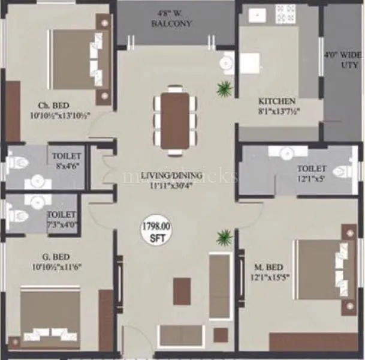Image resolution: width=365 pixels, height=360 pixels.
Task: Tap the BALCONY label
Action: (x=175, y=24)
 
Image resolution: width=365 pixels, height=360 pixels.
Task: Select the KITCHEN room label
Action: (x=276, y=101)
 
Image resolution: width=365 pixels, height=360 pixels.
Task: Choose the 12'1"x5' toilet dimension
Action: (x=312, y=179)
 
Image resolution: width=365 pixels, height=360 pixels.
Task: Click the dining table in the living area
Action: (x=176, y=120)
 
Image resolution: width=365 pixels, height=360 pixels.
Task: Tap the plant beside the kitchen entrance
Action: (x=225, y=89)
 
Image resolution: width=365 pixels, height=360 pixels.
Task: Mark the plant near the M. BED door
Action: (x=224, y=236)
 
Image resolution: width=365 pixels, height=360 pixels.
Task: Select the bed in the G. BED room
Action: (x=50, y=318)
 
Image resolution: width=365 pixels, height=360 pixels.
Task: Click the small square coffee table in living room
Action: (x=182, y=291)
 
